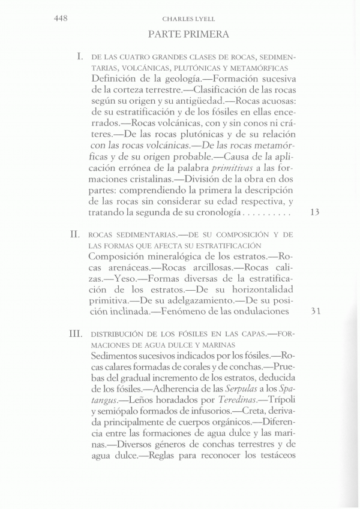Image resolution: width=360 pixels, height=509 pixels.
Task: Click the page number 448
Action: (x=59, y=19)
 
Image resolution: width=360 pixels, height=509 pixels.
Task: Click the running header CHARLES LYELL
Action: (x=180, y=19)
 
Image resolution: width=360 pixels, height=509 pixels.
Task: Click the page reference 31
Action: (x=317, y=312)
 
